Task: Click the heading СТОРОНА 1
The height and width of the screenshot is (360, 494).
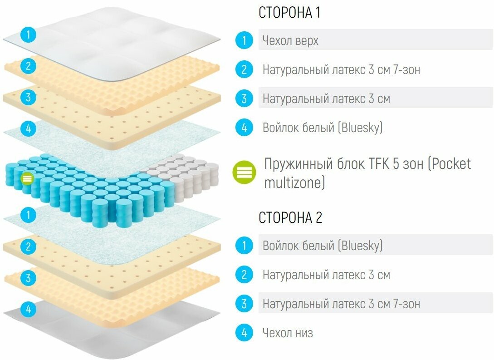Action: pyautogui.click(x=289, y=13)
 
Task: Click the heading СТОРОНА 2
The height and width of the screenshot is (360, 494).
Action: pyautogui.click(x=290, y=217)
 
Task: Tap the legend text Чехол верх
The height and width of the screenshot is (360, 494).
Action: pyautogui.click(x=290, y=41)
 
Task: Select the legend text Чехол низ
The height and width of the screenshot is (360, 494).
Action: pyautogui.click(x=288, y=333)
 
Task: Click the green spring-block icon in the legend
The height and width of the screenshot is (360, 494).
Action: pyautogui.click(x=245, y=173)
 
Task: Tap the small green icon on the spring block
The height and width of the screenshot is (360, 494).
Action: pyautogui.click(x=27, y=178)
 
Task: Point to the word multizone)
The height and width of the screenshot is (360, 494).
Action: pyautogui.click(x=295, y=183)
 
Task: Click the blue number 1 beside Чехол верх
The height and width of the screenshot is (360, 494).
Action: pyautogui.click(x=244, y=41)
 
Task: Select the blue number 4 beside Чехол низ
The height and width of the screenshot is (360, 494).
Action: pyautogui.click(x=244, y=333)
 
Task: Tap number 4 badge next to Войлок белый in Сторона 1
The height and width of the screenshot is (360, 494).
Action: pyautogui.click(x=244, y=128)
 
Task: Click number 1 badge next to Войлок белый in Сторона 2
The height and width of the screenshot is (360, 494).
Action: pyautogui.click(x=244, y=246)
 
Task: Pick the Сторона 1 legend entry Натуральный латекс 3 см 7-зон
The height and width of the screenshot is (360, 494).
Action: pyautogui.click(x=341, y=70)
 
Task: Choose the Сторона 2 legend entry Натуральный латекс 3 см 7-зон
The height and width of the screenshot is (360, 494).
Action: pyautogui.click(x=341, y=304)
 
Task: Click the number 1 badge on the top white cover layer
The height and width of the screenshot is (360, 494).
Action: pyautogui.click(x=28, y=35)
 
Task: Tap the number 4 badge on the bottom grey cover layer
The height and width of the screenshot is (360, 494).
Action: pyautogui.click(x=28, y=310)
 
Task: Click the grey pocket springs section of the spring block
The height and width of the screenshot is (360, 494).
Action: pyautogui.click(x=186, y=175)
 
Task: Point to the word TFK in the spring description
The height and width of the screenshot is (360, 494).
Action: pyautogui.click(x=377, y=163)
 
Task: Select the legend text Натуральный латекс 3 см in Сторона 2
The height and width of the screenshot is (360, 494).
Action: pyautogui.click(x=326, y=275)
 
